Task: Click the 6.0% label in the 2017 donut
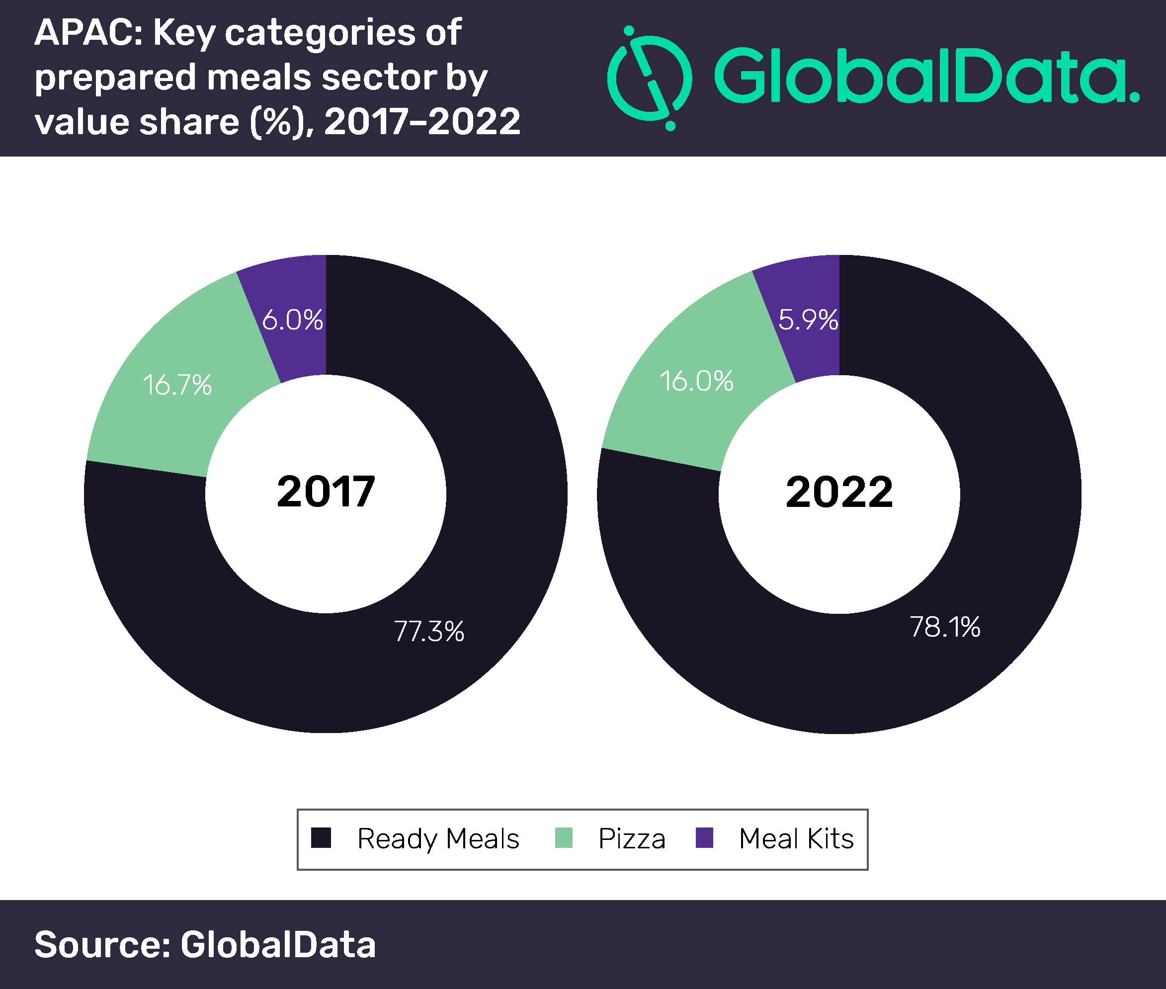292,320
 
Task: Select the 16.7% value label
177,385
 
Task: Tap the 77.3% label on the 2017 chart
429,631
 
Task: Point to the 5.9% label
808,320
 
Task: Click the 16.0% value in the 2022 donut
696,381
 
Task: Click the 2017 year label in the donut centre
326,492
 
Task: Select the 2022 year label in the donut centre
838,492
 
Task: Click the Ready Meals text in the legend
438,839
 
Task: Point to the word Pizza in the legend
632,839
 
